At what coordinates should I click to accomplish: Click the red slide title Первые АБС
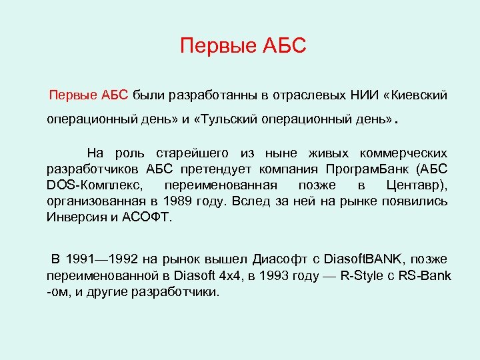243,46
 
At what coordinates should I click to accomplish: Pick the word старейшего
211,154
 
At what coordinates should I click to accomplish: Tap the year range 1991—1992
112,259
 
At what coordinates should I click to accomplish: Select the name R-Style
362,275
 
